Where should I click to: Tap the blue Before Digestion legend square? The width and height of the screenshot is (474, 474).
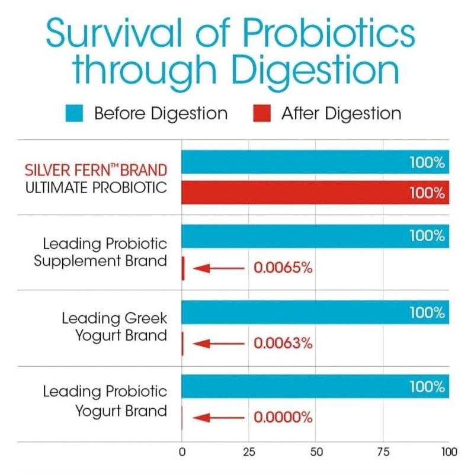click(75, 113)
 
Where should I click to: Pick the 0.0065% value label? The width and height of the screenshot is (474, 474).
click(283, 268)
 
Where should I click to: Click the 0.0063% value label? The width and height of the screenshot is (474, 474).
click(283, 343)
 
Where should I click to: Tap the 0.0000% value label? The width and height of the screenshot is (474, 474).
click(283, 418)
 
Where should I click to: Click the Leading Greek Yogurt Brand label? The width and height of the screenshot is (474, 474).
click(114, 327)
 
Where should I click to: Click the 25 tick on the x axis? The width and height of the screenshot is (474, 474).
click(249, 452)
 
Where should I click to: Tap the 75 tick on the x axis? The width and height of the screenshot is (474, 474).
click(383, 452)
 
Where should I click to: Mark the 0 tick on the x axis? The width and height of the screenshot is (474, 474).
click(182, 452)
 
